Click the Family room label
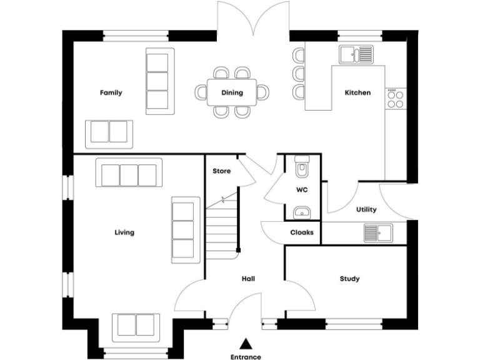(111, 92)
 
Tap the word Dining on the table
(232, 93)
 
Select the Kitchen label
(358, 92)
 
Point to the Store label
(221, 171)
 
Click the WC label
(301, 189)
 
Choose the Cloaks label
(302, 232)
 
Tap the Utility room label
(366, 209)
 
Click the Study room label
(349, 279)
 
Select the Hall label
(247, 279)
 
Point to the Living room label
(124, 232)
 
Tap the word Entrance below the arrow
(246, 357)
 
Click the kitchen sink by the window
(356, 54)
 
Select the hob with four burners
(395, 98)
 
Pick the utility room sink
(377, 233)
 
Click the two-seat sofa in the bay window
(136, 325)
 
